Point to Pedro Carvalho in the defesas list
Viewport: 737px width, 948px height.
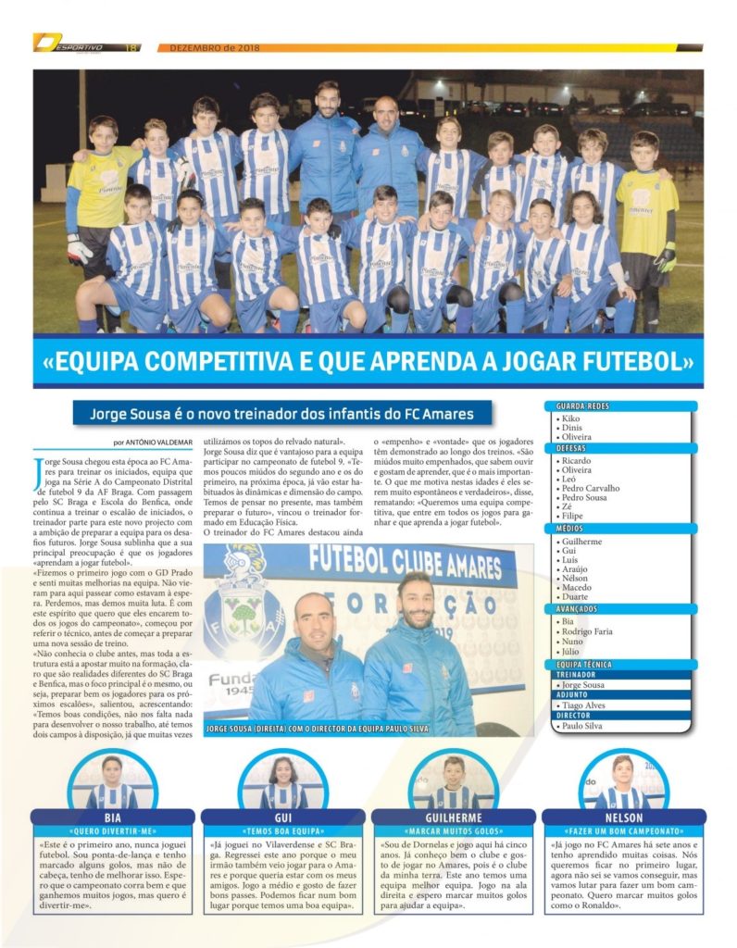590,487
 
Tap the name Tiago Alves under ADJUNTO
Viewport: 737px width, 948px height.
586,705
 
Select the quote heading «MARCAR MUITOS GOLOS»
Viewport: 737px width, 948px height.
454,831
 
